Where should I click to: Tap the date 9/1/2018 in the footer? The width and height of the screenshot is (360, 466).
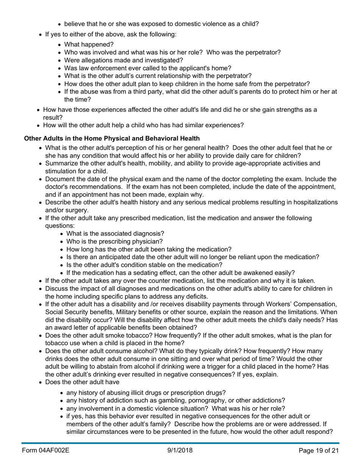point(180,450)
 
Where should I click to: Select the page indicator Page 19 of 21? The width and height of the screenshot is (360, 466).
point(318,450)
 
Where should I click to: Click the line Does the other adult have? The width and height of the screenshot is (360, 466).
point(82,382)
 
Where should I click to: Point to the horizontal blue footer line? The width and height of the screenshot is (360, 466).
point(180,443)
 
